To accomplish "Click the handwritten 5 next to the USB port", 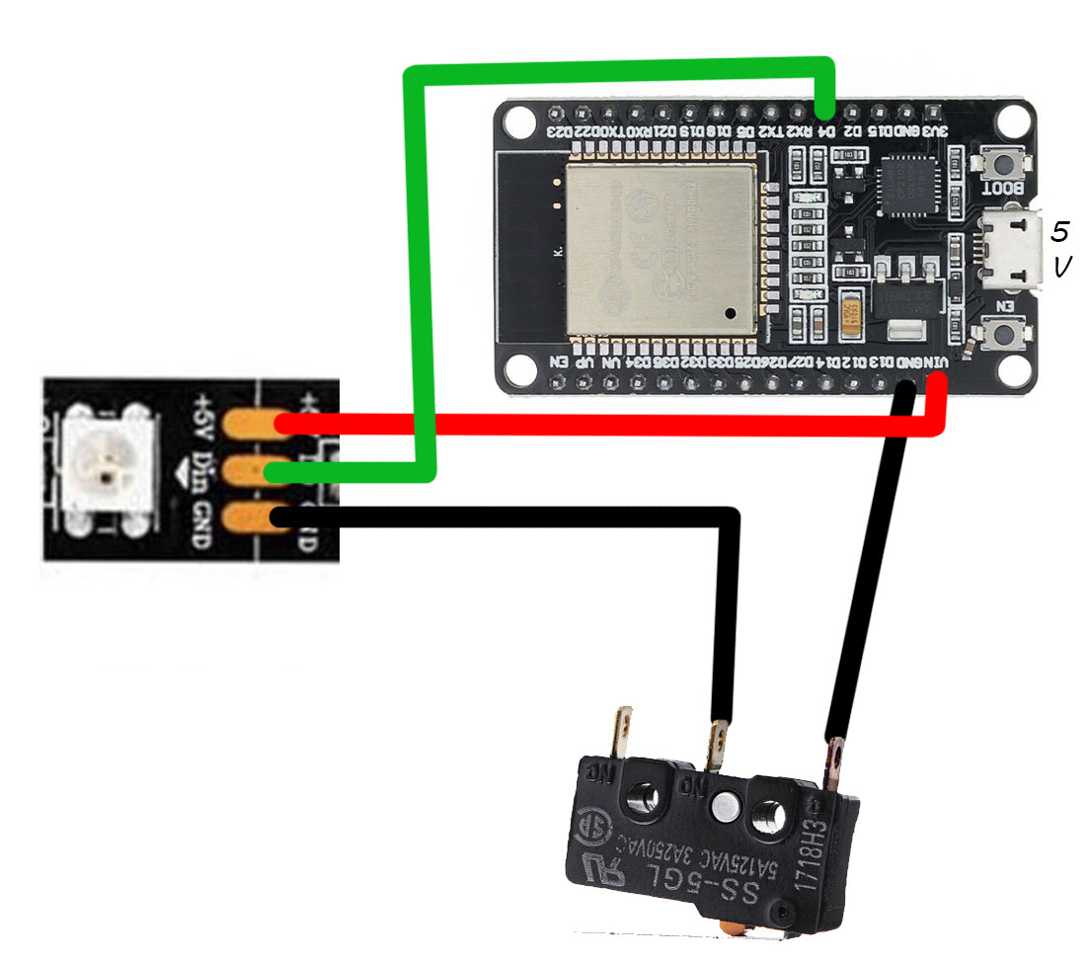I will [x=1059, y=232].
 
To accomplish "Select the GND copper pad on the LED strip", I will [x=248, y=516].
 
